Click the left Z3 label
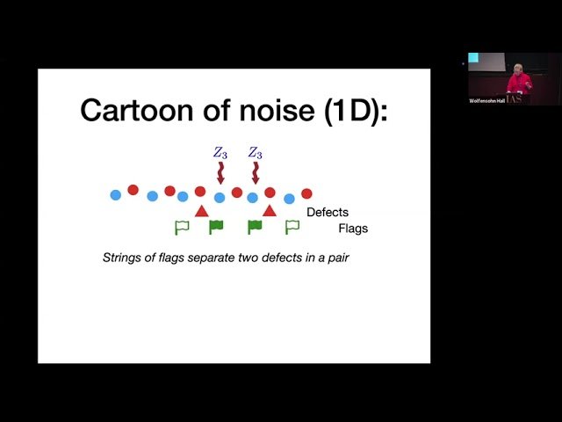(x=220, y=153)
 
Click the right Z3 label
(x=255, y=153)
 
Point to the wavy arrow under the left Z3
(x=220, y=172)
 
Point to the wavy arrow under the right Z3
(x=255, y=172)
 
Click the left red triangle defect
(x=201, y=210)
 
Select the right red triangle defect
(x=270, y=210)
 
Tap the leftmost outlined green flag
(x=182, y=227)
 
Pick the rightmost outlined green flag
(x=292, y=227)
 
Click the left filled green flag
(x=215, y=227)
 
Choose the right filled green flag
(x=255, y=227)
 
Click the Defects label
(x=327, y=213)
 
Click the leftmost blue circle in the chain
(x=115, y=194)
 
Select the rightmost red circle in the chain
(x=306, y=193)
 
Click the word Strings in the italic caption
(x=122, y=258)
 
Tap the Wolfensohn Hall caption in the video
(x=486, y=101)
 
